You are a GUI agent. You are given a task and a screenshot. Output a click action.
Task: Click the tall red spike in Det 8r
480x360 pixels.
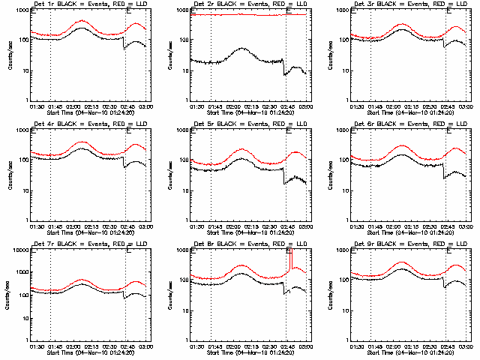[x=289, y=259]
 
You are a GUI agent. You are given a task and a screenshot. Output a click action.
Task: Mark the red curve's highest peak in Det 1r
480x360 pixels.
[x=82, y=21]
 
